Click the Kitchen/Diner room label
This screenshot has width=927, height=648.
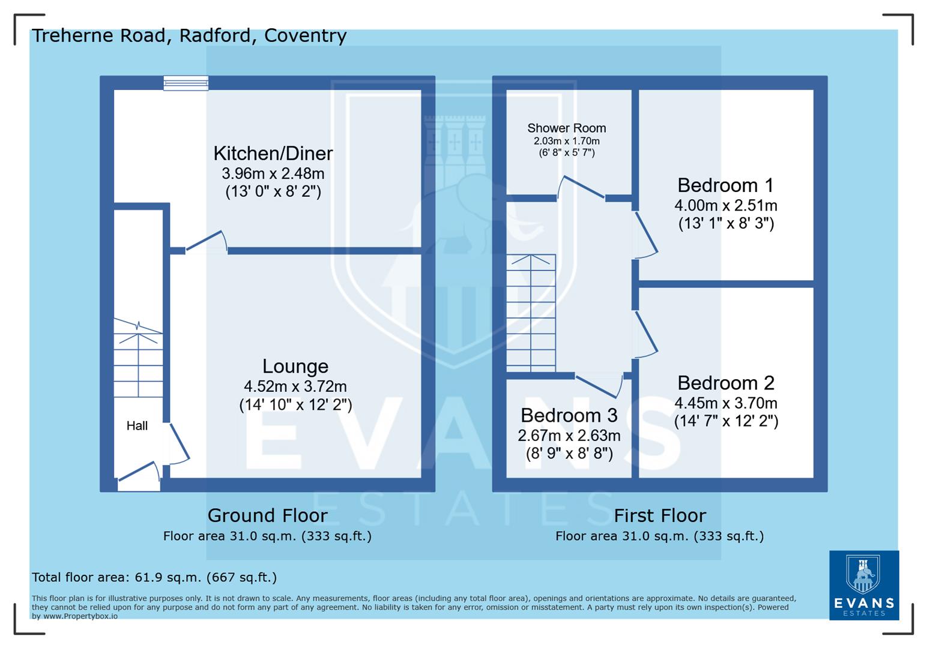pyautogui.click(x=273, y=154)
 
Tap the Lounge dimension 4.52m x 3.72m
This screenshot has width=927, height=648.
pyautogui.click(x=295, y=386)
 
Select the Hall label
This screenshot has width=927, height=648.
pyautogui.click(x=137, y=426)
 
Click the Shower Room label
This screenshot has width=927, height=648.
pyautogui.click(x=566, y=128)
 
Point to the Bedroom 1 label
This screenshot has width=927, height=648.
pyautogui.click(x=725, y=185)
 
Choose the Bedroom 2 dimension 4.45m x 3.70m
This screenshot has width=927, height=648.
pyautogui.click(x=725, y=403)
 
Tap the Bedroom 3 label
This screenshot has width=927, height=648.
pyautogui.click(x=569, y=415)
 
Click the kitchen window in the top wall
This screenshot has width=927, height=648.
pyautogui.click(x=186, y=83)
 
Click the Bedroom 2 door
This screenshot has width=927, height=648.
pyautogui.click(x=645, y=334)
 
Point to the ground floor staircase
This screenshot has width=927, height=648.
pyautogui.click(x=139, y=364)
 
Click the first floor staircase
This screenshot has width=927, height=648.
pyautogui.click(x=531, y=312)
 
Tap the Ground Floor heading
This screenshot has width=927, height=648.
pyautogui.click(x=267, y=515)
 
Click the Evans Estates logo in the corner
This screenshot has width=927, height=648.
pyautogui.click(x=863, y=584)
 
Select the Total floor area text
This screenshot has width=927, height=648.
pyautogui.click(x=154, y=578)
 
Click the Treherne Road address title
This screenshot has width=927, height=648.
pyautogui.click(x=189, y=36)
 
